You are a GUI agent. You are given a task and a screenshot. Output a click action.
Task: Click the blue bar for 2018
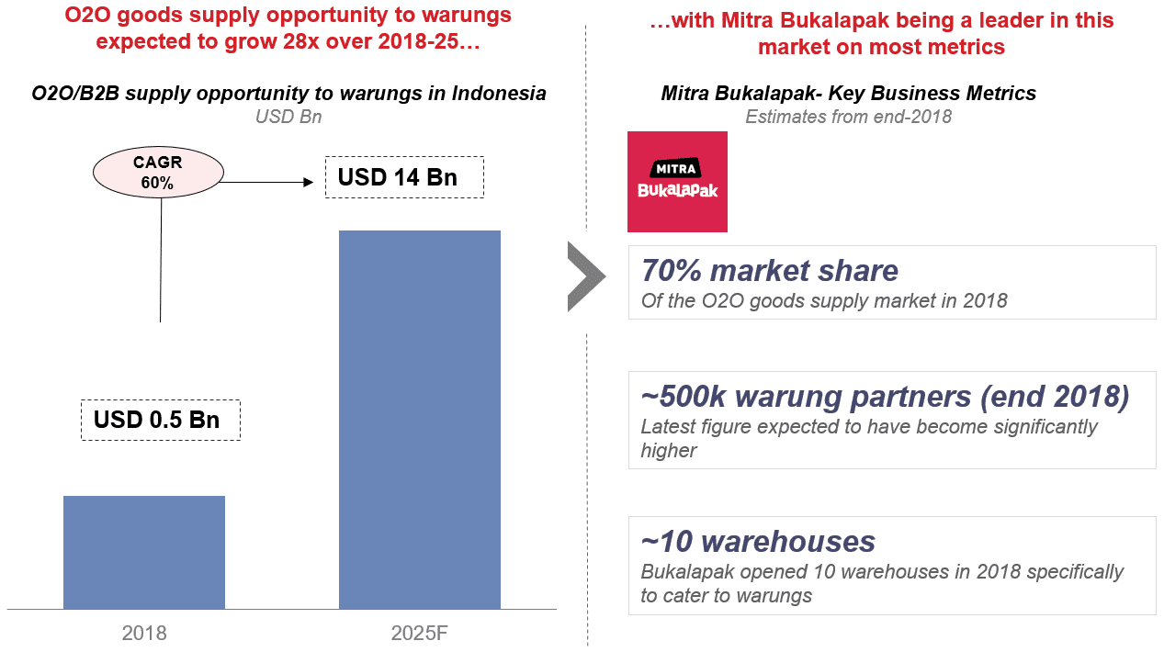point(144,552)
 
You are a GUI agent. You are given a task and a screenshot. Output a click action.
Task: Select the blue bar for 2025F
point(420,420)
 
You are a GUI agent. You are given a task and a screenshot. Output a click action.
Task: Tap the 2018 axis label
point(144,633)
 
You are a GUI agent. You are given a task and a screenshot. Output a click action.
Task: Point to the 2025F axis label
point(420,633)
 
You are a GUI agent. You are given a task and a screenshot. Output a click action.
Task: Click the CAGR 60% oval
point(158,173)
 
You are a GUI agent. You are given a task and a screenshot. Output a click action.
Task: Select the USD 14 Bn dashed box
point(404,177)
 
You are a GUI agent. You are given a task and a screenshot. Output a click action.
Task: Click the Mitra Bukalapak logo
point(677,182)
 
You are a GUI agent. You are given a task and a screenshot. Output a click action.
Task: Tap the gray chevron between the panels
point(585,275)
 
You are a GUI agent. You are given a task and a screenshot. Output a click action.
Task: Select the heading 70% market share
point(770,271)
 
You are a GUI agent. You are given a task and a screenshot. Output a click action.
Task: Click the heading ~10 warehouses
point(758,541)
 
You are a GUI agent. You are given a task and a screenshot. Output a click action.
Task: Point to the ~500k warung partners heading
point(885,396)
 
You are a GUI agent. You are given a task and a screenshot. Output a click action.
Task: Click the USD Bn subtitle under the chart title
point(288,118)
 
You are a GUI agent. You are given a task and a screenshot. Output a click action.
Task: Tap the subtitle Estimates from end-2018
point(848,117)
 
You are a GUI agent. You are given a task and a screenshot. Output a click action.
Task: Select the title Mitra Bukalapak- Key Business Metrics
point(848,94)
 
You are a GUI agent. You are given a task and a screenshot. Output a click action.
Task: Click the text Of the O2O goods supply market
point(824,301)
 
